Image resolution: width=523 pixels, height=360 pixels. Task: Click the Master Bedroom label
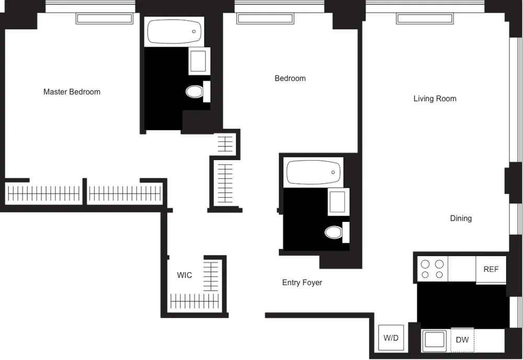(x=72, y=92)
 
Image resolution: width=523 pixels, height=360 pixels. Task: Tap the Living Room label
(x=435, y=98)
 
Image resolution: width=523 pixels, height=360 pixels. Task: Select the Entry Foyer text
(x=302, y=283)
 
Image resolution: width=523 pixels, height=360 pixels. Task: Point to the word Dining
(x=461, y=218)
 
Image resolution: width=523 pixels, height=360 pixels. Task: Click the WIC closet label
(x=184, y=275)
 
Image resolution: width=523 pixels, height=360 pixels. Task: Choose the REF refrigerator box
(x=491, y=270)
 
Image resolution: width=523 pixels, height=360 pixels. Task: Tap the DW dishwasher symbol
(x=462, y=340)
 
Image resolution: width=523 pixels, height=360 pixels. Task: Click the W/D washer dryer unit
(x=391, y=338)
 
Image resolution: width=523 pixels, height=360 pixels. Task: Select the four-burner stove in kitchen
(x=433, y=269)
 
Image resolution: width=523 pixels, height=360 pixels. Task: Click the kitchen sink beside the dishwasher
(x=435, y=340)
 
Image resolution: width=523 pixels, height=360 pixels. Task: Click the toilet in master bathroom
(x=195, y=92)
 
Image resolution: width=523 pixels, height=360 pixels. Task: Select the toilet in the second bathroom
(x=334, y=232)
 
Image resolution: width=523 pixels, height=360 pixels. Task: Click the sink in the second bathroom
(x=338, y=201)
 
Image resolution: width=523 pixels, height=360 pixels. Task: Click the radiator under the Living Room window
(x=424, y=19)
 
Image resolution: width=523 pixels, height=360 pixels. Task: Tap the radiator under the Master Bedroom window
(x=105, y=19)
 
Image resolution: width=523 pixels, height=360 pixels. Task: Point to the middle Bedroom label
(x=290, y=78)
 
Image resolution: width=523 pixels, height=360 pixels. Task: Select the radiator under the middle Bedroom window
(x=265, y=19)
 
